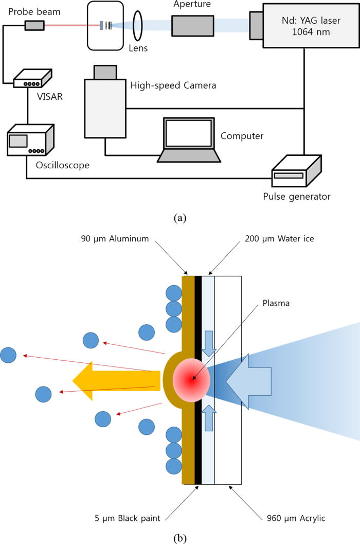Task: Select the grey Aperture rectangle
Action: pyautogui.click(x=193, y=26)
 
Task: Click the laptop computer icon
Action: pyautogui.click(x=189, y=141)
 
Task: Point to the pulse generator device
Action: pyautogui.click(x=296, y=173)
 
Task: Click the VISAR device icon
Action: pyautogui.click(x=32, y=78)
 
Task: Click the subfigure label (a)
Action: pyautogui.click(x=179, y=218)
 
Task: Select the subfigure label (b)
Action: pyautogui.click(x=179, y=538)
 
